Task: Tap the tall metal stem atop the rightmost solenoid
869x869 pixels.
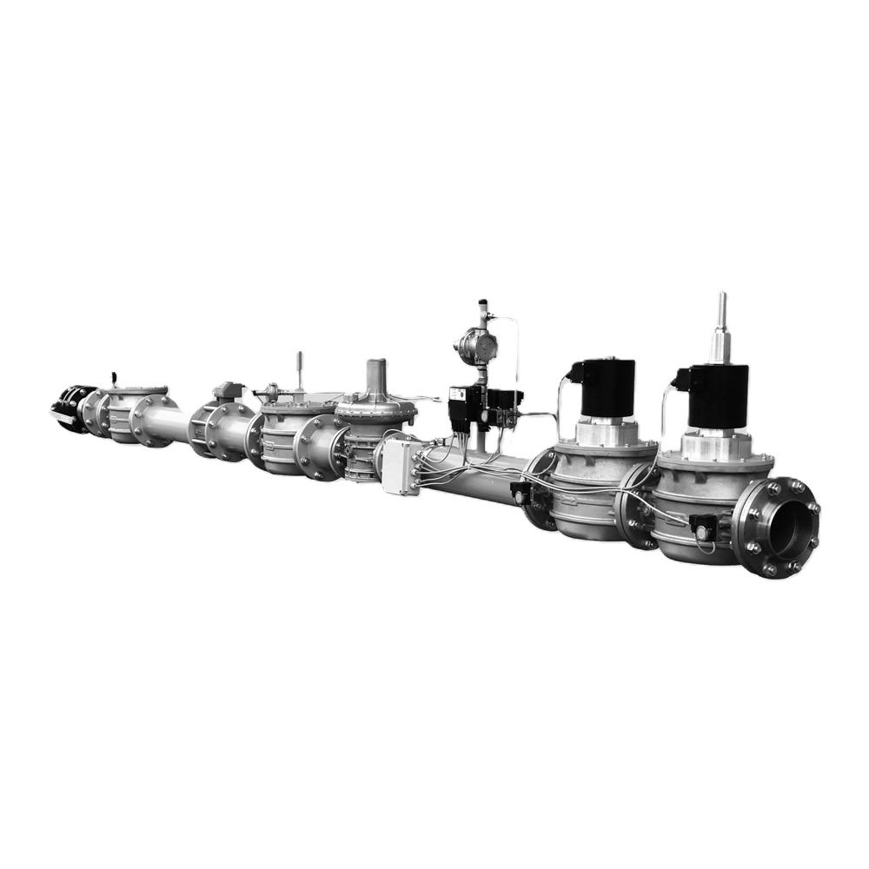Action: tap(720, 327)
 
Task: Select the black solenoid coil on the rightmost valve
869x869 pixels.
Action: tap(718, 396)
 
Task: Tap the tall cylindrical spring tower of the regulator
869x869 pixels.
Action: tap(376, 377)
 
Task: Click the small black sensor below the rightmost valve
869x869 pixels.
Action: tap(702, 525)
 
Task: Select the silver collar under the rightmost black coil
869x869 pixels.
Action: tap(715, 446)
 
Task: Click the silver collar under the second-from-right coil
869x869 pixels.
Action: tap(603, 431)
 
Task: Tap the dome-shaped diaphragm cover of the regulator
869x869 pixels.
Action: tap(375, 405)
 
